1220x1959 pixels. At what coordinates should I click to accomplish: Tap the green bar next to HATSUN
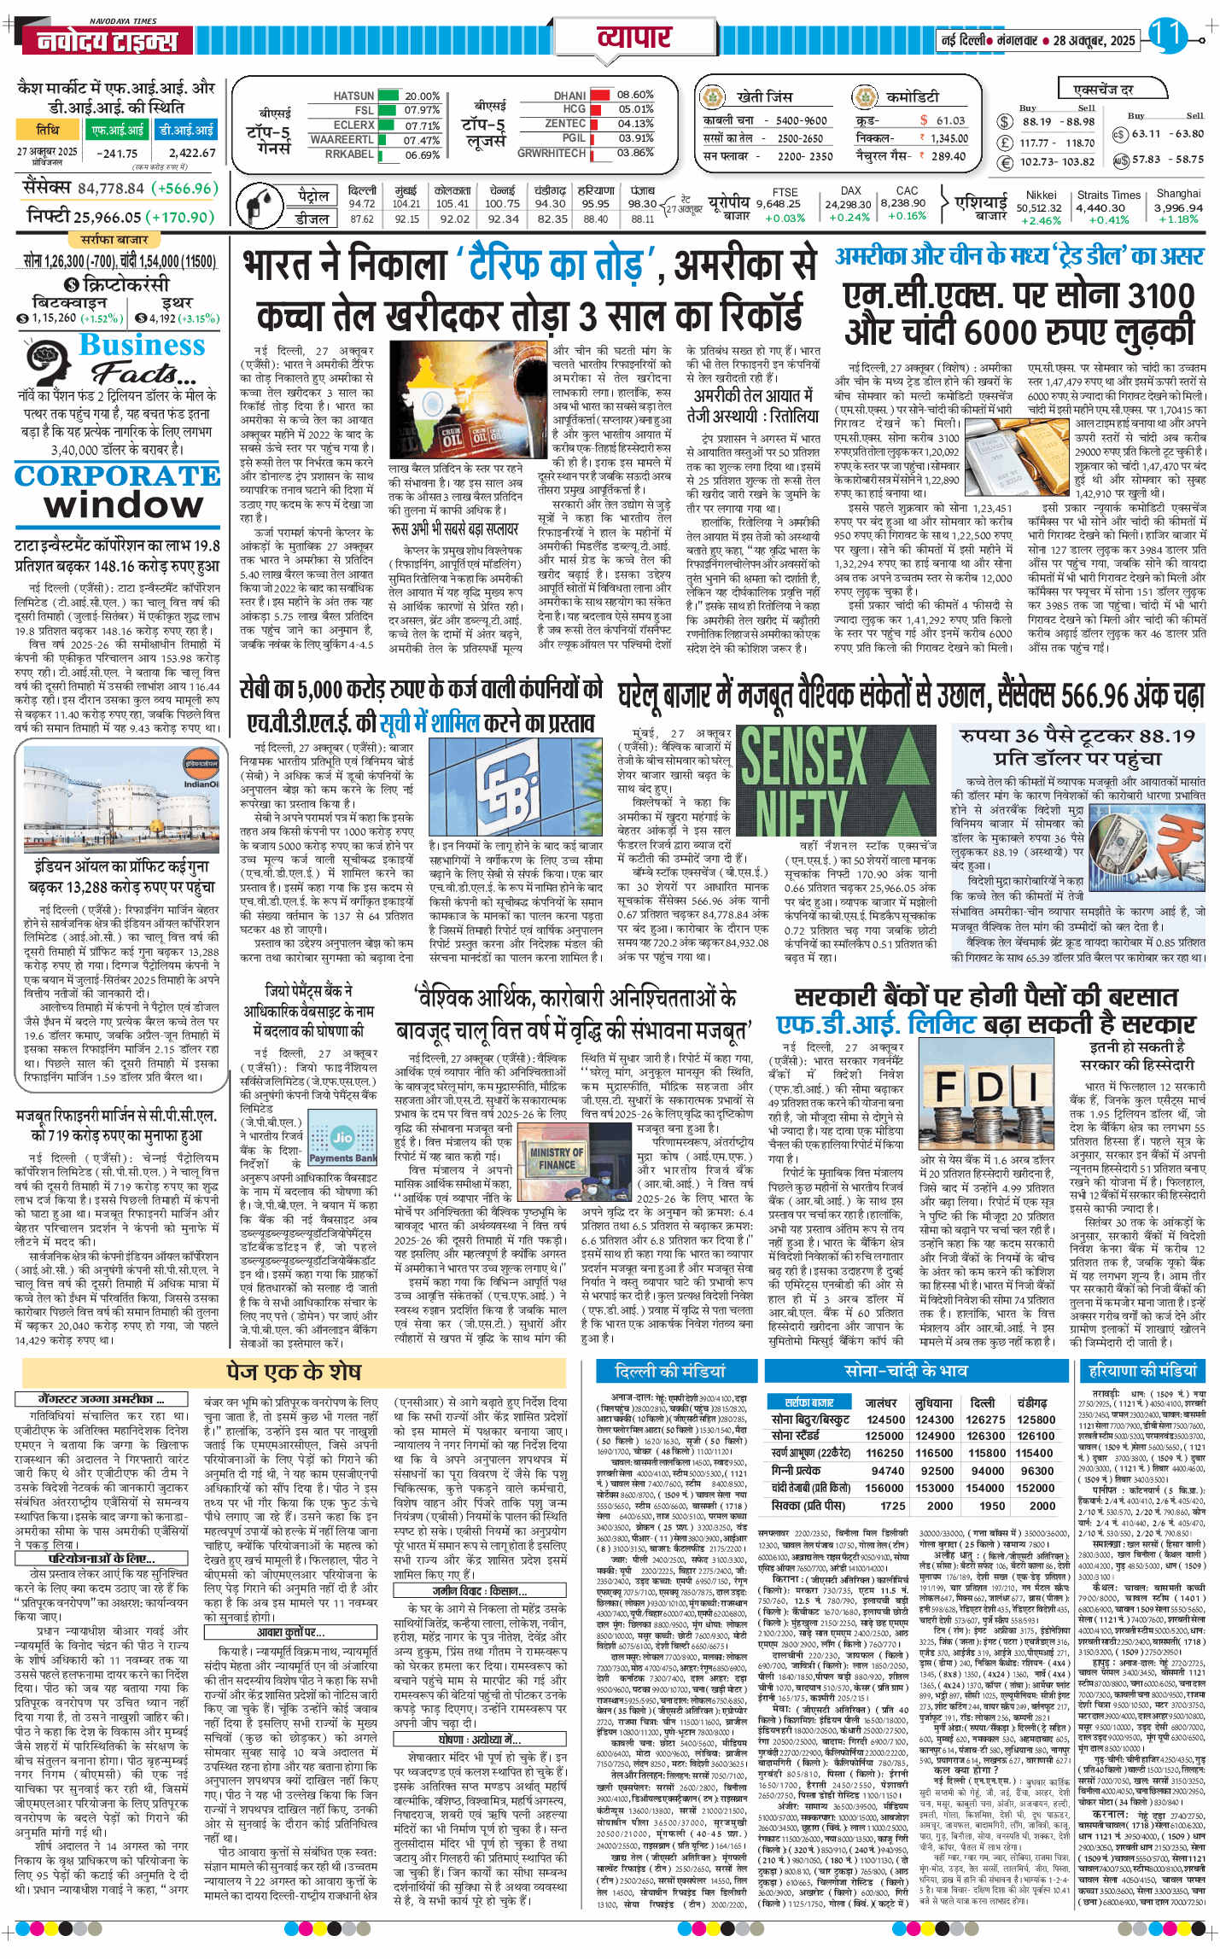[x=388, y=96]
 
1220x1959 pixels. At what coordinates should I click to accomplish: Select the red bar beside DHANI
[x=600, y=95]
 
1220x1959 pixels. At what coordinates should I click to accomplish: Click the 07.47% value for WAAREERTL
[x=421, y=140]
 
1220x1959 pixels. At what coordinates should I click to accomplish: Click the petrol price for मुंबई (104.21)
[x=406, y=204]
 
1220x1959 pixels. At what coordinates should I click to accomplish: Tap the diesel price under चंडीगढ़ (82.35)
[x=552, y=219]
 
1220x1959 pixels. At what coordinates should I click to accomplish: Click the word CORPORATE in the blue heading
[x=117, y=475]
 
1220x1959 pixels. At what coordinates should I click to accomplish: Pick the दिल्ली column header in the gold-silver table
[x=983, y=1402]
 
